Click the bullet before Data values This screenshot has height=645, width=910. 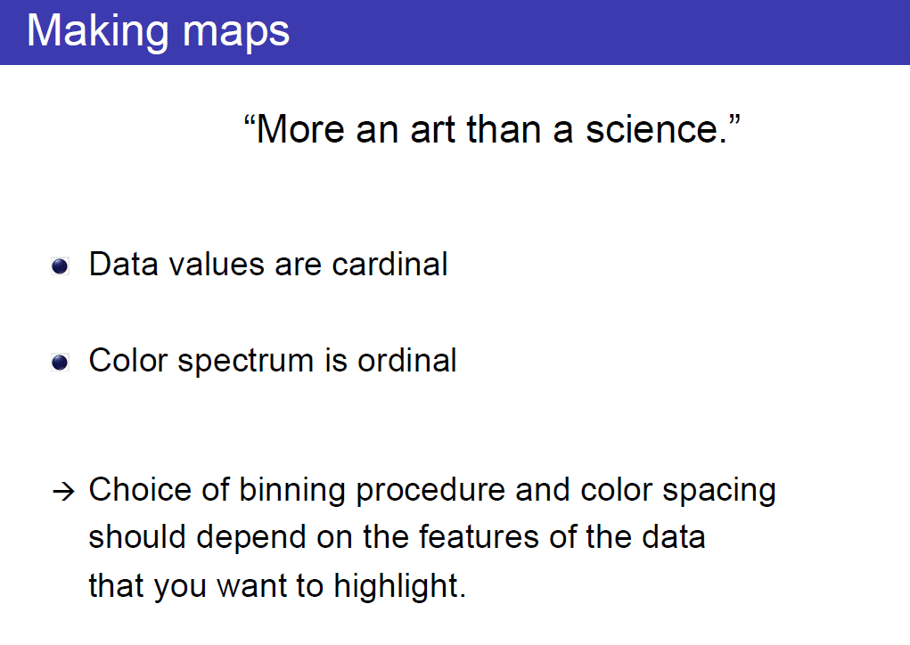60,266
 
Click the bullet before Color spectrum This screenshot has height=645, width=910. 60,363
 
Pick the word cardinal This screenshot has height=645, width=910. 389,265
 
